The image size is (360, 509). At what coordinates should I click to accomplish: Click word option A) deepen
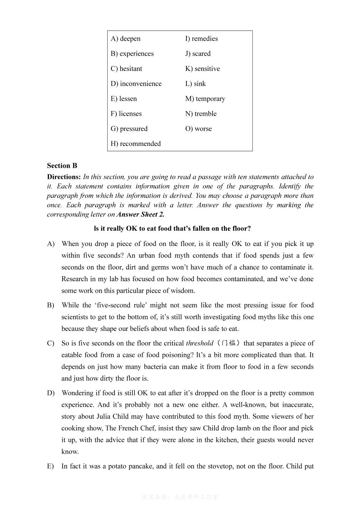point(125,39)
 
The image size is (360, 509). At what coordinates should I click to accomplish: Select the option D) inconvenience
point(136,84)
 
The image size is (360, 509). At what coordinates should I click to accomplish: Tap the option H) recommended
point(136,144)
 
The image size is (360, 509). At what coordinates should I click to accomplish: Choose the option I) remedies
point(201,39)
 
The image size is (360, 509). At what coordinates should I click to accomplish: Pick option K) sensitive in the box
point(202,69)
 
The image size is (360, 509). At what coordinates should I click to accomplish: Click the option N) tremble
point(201,114)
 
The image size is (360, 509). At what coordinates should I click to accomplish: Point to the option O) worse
point(198,129)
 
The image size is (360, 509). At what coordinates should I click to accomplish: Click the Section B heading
point(62,166)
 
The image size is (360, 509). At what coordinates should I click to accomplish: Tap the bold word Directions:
point(64,177)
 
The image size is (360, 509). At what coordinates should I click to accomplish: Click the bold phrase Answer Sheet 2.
point(140,215)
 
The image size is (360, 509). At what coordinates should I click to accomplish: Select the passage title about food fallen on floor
point(172,229)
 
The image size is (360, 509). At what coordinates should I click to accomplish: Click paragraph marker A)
point(51,244)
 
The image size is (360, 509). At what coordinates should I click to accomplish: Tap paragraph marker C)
point(51,343)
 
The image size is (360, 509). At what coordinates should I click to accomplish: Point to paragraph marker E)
point(51,466)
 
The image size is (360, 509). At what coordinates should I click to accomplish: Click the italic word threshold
point(199,343)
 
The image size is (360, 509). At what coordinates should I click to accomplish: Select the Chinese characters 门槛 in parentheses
point(229,343)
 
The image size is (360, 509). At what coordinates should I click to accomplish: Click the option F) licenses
point(126,114)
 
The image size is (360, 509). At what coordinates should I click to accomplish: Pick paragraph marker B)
point(51,305)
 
